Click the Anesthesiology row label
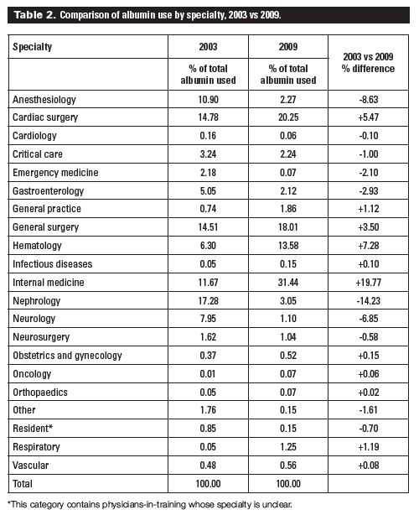pos(43,100)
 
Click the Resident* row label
pos(34,426)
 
